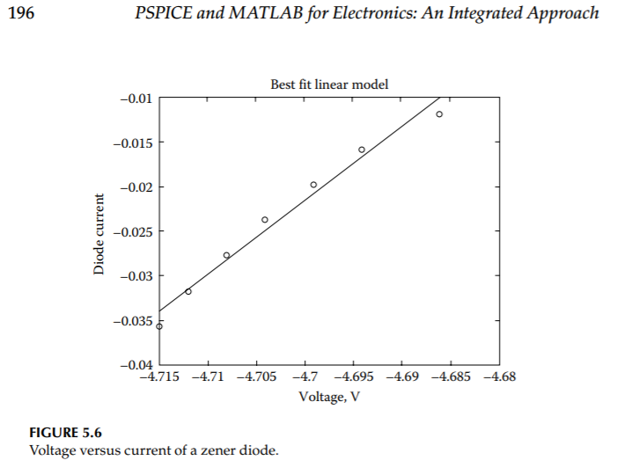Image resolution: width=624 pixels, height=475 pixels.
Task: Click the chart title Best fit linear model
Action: [x=329, y=84]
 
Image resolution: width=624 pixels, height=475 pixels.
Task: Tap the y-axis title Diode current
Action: [x=99, y=233]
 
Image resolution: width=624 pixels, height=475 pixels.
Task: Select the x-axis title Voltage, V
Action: [x=329, y=396]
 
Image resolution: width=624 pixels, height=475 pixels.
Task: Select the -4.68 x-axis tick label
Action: [x=499, y=376]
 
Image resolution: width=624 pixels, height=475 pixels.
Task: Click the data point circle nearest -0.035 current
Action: [x=159, y=326]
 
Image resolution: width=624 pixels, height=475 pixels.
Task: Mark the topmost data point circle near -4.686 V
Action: [x=439, y=114]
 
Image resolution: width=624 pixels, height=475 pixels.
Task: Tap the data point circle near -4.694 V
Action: [x=362, y=150]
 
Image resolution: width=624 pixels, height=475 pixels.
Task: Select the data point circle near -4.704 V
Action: [x=265, y=220]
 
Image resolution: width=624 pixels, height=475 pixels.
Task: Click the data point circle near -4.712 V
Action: [x=188, y=291]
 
